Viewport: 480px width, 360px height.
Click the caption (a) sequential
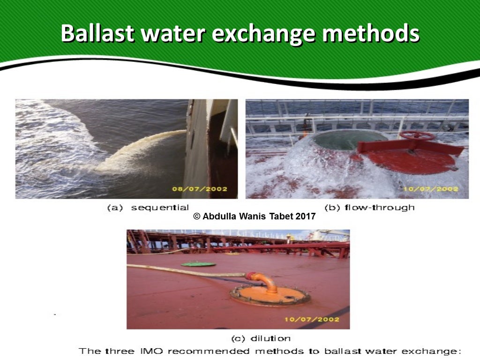148,208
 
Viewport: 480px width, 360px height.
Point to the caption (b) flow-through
369,208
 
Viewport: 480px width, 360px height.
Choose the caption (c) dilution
261,338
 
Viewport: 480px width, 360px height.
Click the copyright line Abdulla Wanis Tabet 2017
255,217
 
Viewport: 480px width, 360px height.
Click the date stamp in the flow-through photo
430,189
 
